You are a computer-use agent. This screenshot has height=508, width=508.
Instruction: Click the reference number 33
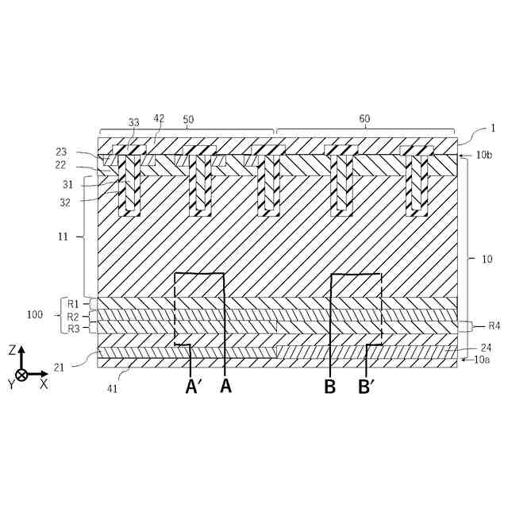[133, 122]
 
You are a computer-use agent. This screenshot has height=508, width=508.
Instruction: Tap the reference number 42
[159, 118]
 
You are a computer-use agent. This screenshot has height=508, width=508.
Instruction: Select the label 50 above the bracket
[188, 119]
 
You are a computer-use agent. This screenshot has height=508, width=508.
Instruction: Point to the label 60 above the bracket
[364, 119]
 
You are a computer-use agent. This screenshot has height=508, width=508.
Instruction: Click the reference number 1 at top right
[493, 129]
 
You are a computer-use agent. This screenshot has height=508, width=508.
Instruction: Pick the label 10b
[485, 156]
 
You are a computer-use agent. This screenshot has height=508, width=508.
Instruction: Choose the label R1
[73, 304]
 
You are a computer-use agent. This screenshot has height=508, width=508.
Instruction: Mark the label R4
[494, 325]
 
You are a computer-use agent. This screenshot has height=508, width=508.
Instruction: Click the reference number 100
[35, 315]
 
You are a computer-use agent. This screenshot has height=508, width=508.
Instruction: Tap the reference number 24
[485, 347]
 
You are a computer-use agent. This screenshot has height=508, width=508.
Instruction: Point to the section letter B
[329, 387]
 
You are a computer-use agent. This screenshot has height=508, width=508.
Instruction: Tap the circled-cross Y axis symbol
[21, 374]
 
